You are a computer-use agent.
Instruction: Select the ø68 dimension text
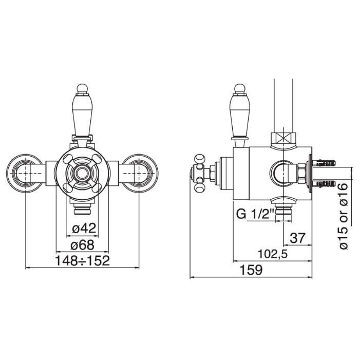[x=82, y=245]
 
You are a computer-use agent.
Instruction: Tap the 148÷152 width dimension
[x=83, y=261]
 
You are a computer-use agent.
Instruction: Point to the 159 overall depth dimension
[x=251, y=270]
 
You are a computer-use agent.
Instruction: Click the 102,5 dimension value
[x=273, y=254]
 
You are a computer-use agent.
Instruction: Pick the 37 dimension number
[x=297, y=238]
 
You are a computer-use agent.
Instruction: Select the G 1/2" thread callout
[x=255, y=215]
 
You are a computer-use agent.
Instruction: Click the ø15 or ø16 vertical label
[x=344, y=216]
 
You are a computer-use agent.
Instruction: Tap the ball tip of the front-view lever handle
[x=82, y=88]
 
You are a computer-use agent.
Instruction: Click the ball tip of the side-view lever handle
[x=239, y=88]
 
